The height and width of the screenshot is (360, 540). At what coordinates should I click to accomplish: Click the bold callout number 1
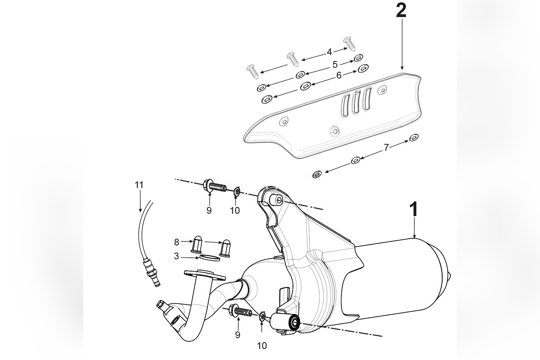tap(414, 209)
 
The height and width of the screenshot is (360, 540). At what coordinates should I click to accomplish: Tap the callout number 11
tap(139, 185)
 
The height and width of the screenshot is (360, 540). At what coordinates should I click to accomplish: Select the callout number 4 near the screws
tap(329, 52)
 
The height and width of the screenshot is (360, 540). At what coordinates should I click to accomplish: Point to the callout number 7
tap(386, 147)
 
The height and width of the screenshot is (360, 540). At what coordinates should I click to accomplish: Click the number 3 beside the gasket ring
tap(176, 257)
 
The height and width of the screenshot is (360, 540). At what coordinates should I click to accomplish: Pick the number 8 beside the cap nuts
tap(176, 241)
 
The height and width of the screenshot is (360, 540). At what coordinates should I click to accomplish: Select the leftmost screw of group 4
tap(252, 71)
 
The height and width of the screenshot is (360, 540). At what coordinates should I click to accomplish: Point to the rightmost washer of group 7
tap(414, 138)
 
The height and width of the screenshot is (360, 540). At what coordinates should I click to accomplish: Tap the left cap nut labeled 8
tap(197, 245)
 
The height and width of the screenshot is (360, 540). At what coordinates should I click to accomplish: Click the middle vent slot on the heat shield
tap(356, 102)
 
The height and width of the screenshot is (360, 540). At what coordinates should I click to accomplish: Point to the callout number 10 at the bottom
tap(262, 346)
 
